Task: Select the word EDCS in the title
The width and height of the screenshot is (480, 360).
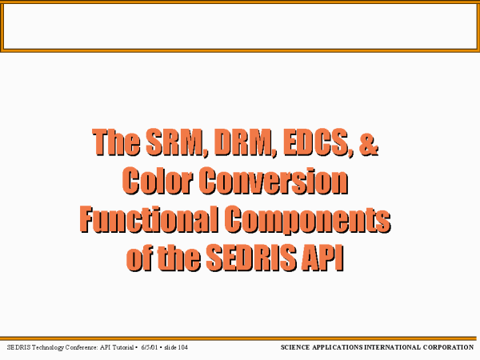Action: click(x=318, y=142)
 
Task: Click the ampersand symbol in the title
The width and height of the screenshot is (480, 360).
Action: click(x=368, y=142)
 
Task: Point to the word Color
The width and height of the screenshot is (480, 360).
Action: click(x=158, y=181)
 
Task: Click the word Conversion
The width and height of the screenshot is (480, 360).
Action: click(x=274, y=181)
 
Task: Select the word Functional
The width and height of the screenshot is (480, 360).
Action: click(x=149, y=219)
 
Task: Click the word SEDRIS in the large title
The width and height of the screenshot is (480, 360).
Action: click(x=251, y=257)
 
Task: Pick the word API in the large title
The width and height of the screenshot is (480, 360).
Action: click(x=322, y=257)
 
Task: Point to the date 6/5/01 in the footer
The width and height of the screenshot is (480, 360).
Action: click(x=150, y=347)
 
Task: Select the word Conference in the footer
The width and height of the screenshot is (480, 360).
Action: click(x=82, y=347)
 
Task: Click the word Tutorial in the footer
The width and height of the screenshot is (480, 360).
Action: click(x=123, y=347)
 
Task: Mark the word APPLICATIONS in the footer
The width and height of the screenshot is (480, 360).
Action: click(x=338, y=347)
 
